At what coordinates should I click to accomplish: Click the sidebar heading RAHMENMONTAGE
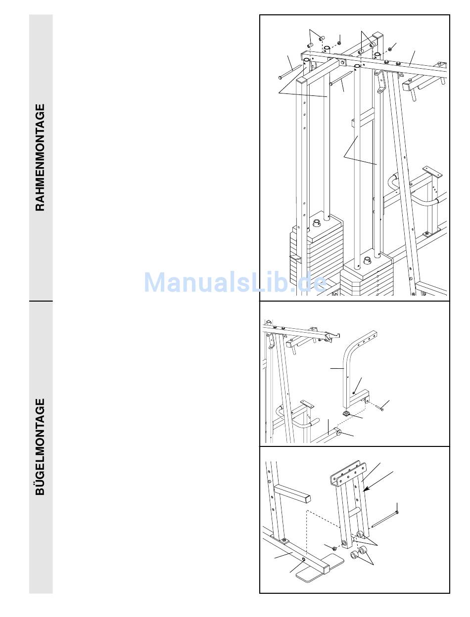pyautogui.click(x=40, y=157)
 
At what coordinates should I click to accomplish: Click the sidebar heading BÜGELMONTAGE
pyautogui.click(x=40, y=446)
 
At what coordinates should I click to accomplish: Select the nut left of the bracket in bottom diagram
pyautogui.click(x=335, y=548)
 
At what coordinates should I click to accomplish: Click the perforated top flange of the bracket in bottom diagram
pyautogui.click(x=347, y=473)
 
